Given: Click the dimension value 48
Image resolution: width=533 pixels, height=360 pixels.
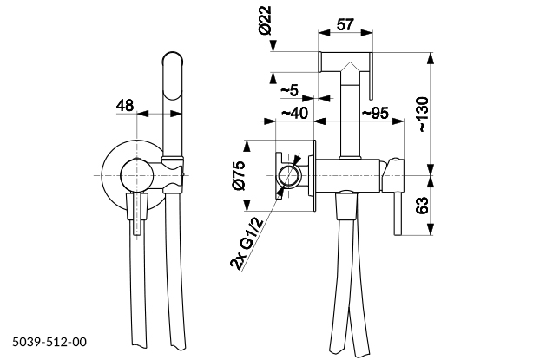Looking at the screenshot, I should [125, 106].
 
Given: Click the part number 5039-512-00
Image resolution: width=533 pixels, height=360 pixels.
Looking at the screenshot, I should [49, 344].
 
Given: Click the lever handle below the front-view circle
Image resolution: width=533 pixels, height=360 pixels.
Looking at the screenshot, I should [137, 217].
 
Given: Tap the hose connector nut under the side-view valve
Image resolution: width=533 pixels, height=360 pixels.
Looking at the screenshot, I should [345, 206].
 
